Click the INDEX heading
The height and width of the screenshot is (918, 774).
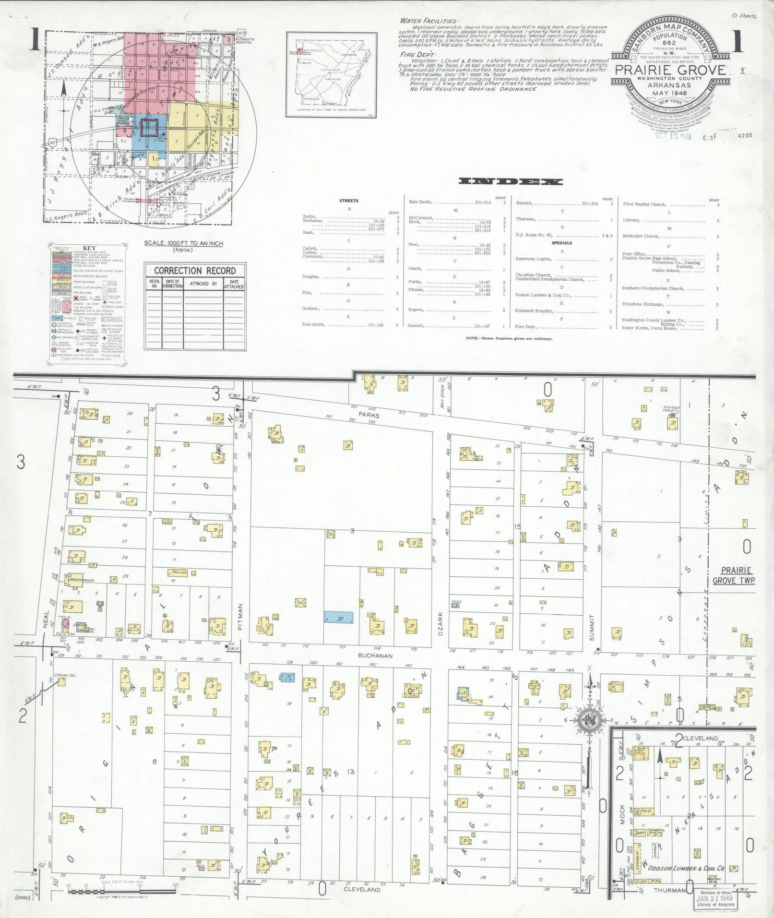pos(511,181)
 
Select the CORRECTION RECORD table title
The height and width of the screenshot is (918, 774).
pos(195,271)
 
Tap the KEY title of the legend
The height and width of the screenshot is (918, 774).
pos(87,249)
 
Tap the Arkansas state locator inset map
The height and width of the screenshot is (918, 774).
pos(330,74)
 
